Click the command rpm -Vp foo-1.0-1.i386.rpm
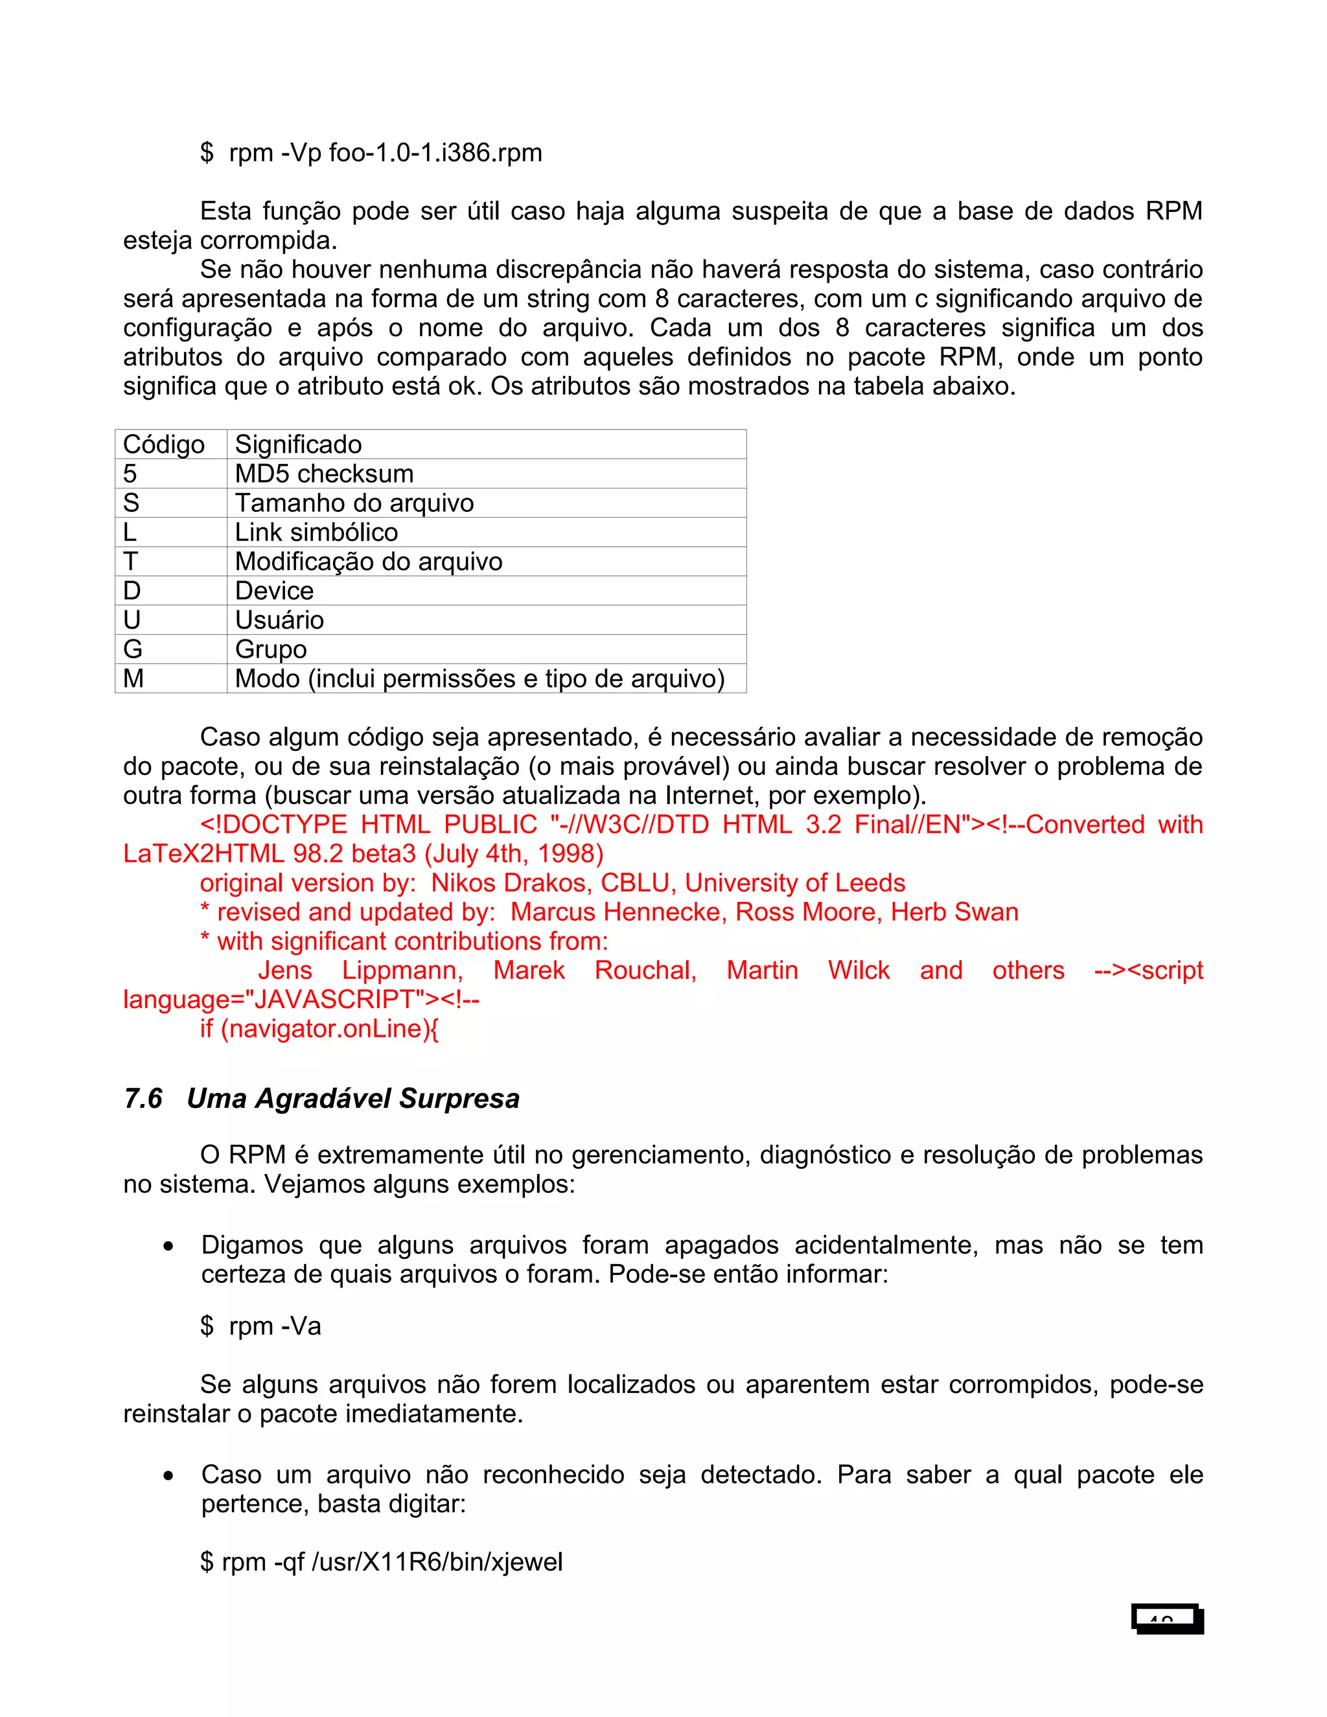click(386, 152)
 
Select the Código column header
click(163, 444)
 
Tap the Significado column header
click(299, 444)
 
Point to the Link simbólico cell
click(316, 532)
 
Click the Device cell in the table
click(274, 590)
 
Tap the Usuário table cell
click(279, 620)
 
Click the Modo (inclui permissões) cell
click(479, 678)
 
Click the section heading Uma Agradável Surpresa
click(353, 1098)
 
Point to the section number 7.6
click(143, 1098)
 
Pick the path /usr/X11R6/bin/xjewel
click(438, 1561)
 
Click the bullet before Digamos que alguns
click(168, 1246)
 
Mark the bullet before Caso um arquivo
click(168, 1475)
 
